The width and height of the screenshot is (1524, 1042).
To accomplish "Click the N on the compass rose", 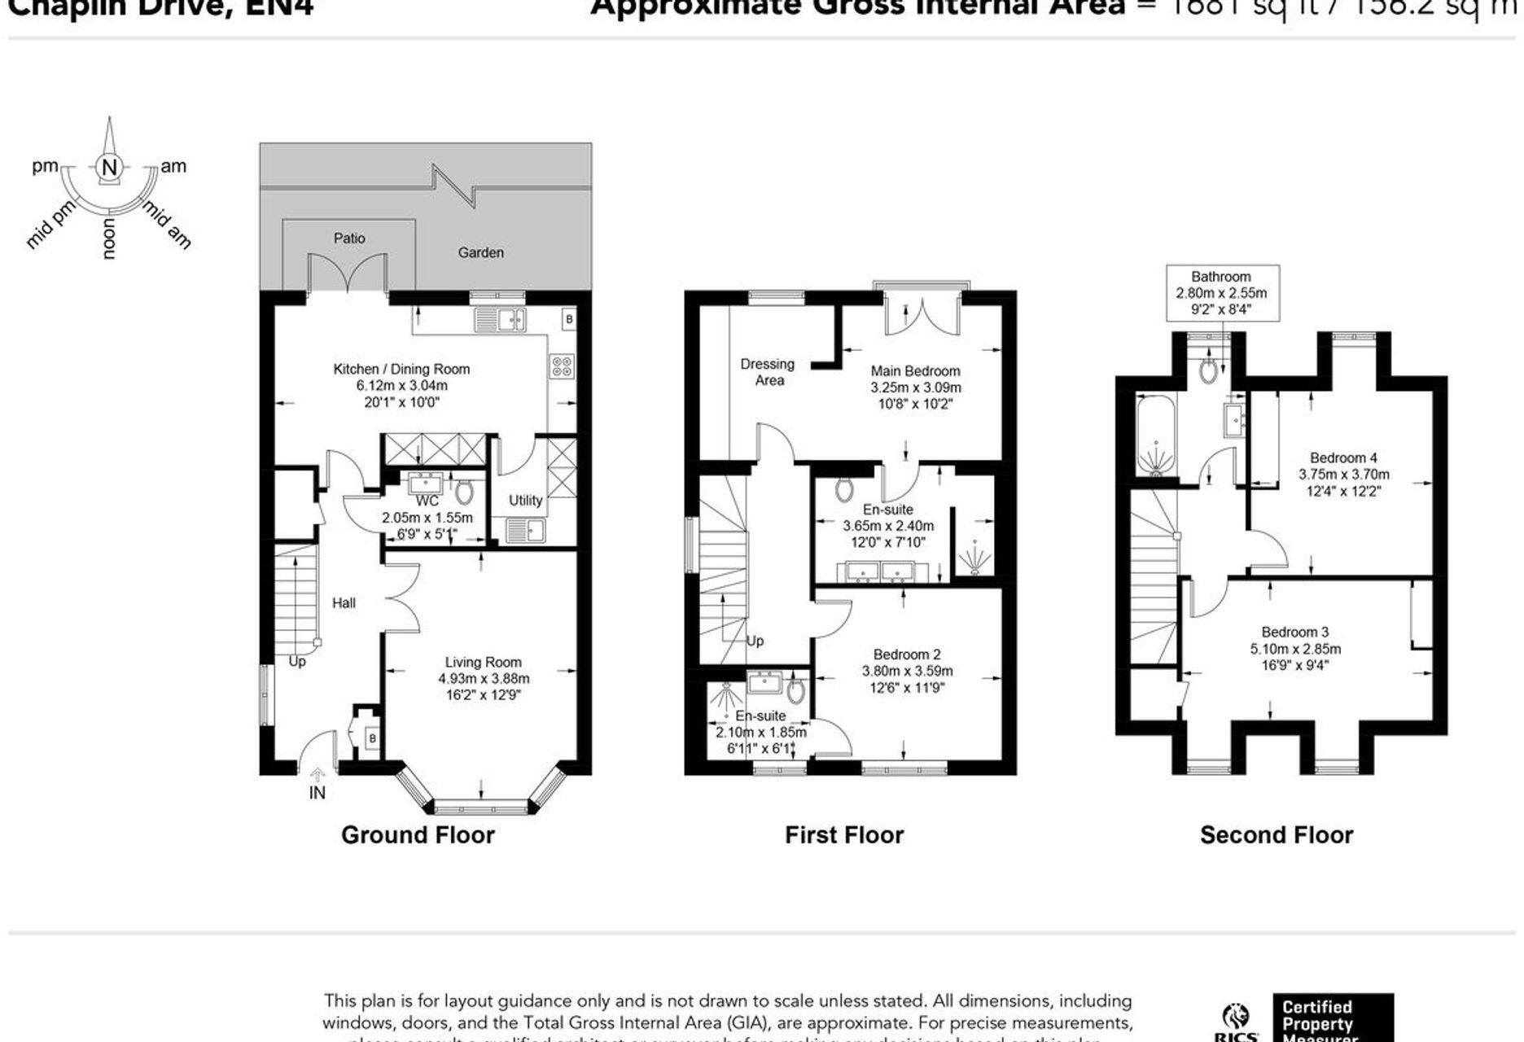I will click(x=109, y=168).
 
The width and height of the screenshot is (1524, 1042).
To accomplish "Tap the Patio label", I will click(x=349, y=239).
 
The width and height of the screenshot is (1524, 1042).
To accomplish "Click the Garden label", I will click(x=480, y=253).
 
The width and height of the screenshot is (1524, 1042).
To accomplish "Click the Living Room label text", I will click(x=483, y=662).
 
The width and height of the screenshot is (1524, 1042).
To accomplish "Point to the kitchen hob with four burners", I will click(x=562, y=366).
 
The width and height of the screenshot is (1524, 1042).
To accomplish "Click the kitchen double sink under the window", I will click(x=500, y=320).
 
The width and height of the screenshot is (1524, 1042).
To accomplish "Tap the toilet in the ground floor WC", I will click(x=464, y=492).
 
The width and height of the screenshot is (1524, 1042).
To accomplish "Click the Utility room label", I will click(x=525, y=500).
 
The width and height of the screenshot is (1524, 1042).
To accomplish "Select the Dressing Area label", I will click(x=767, y=372).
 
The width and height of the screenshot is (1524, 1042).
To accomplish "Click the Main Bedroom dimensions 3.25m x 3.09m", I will click(x=915, y=387).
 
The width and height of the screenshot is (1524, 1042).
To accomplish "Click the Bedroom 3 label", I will click(x=1294, y=632).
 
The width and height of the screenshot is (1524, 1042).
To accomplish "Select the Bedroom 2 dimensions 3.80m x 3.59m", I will click(x=907, y=672).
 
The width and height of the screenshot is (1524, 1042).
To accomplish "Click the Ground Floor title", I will click(x=418, y=835).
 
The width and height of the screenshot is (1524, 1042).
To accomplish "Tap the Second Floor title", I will click(x=1276, y=835).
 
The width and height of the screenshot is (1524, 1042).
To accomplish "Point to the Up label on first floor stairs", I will click(x=755, y=641).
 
